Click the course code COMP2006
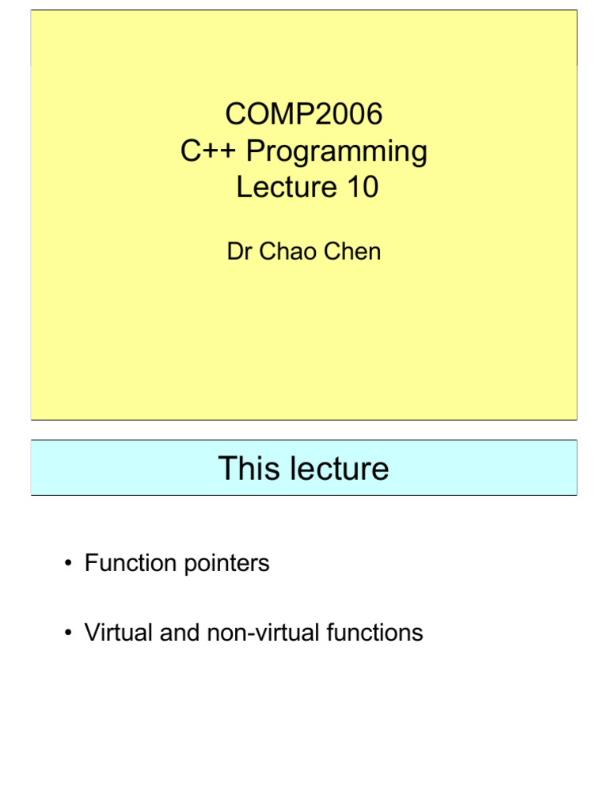point(303,115)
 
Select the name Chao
point(285,252)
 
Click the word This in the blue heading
point(248,469)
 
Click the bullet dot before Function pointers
point(69,564)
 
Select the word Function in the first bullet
point(130,564)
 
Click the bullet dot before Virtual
point(69,634)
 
